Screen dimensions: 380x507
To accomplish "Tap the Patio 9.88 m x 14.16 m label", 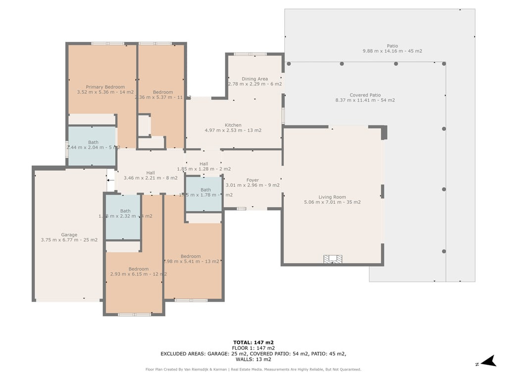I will click(x=392, y=48).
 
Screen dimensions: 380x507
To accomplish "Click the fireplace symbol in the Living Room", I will click(x=333, y=259).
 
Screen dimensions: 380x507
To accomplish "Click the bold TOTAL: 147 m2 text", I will click(x=253, y=342).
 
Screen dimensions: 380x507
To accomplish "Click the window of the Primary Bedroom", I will click(x=107, y=44).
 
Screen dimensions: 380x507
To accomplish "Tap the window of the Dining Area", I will click(x=250, y=54).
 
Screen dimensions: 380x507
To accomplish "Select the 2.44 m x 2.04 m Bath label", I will click(x=93, y=145).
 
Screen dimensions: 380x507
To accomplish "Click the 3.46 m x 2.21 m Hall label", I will click(x=151, y=175).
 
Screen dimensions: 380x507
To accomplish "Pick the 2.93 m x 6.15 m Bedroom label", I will click(x=139, y=272).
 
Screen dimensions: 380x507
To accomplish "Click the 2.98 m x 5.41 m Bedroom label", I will click(x=191, y=259).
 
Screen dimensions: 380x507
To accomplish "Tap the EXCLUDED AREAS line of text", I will click(x=253, y=354).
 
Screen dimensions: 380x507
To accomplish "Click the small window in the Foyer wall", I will click(x=241, y=209).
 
